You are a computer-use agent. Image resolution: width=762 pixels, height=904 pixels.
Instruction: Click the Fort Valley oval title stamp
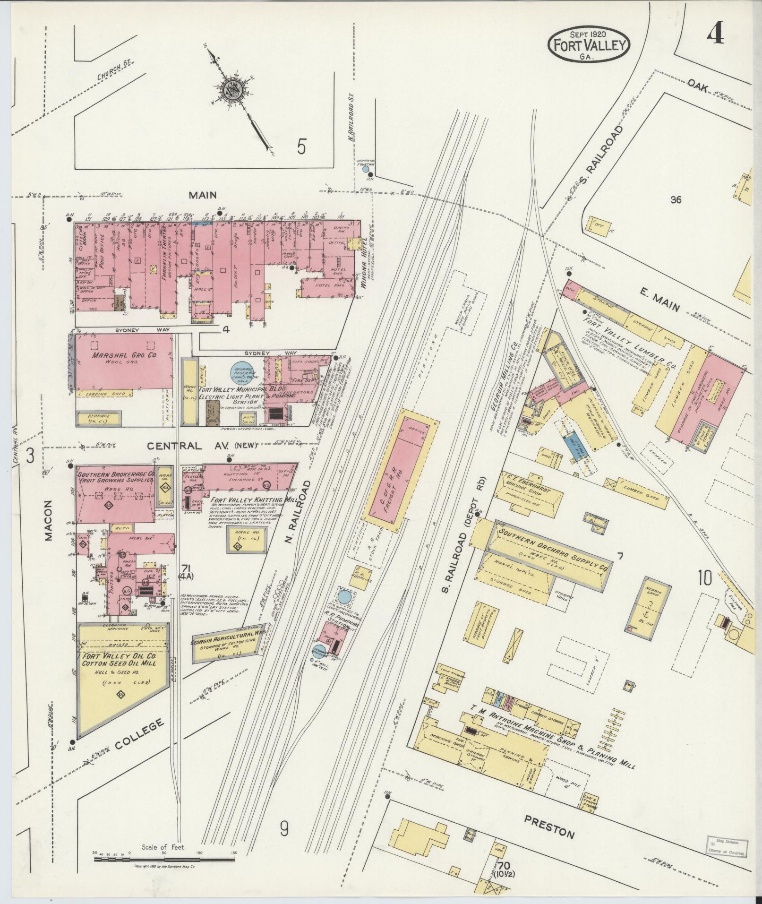(x=589, y=45)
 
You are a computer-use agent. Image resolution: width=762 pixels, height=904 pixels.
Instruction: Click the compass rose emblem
(x=232, y=90)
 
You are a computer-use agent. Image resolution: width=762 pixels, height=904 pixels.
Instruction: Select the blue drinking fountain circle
(x=365, y=169)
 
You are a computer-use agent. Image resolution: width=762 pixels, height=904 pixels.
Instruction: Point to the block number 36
(x=676, y=200)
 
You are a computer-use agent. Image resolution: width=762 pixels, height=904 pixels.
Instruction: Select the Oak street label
(x=698, y=86)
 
